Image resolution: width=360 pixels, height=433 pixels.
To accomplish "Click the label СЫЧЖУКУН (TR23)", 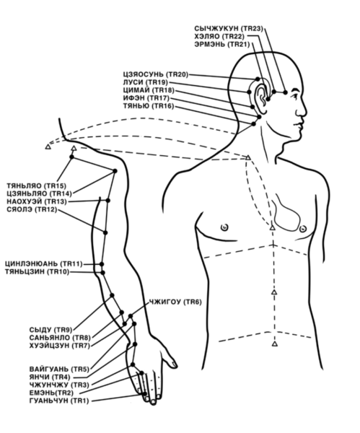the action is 229,28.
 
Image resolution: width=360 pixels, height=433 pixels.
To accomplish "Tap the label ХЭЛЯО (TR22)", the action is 219,36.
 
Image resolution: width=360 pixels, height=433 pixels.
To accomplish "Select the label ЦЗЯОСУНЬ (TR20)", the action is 156,74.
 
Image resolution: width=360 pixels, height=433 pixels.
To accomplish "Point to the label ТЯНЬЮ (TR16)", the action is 149,106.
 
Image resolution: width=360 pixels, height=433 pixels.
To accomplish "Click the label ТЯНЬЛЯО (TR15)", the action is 37,186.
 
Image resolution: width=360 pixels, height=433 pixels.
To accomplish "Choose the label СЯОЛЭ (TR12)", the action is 32,209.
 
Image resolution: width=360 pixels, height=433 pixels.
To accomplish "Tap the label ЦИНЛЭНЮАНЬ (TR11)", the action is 43,264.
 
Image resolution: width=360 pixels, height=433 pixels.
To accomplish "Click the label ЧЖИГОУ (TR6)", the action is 175,302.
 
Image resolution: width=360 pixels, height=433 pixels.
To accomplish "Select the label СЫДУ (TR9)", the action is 51,330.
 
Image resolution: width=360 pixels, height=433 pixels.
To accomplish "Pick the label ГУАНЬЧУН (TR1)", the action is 59,401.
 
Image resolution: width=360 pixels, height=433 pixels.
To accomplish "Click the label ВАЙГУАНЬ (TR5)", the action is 59,369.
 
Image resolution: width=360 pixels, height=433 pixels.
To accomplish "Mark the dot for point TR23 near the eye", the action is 285,92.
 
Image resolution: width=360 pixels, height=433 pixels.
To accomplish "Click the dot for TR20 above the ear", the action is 258,79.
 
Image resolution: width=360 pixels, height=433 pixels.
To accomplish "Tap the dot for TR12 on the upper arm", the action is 105,233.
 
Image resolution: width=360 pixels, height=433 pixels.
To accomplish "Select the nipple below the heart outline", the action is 303,229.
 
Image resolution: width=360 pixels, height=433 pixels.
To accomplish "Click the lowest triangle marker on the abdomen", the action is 274,344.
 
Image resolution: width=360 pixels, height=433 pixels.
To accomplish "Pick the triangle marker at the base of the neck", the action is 248,157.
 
